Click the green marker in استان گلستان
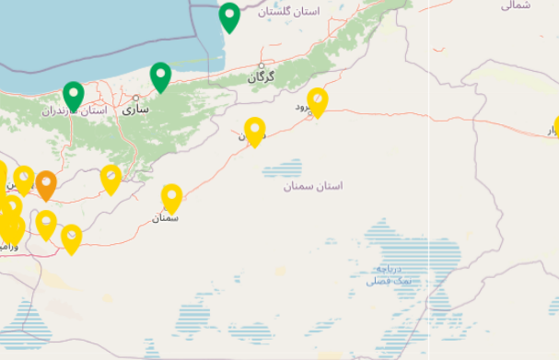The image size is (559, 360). pyautogui.click(x=229, y=17)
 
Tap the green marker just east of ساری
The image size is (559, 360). pyautogui.click(x=161, y=76)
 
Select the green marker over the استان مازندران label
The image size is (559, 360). pyautogui.click(x=74, y=94)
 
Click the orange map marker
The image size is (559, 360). pyautogui.click(x=46, y=184)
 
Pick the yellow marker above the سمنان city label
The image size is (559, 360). pyautogui.click(x=171, y=197)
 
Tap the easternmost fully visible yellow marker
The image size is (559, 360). pyautogui.click(x=318, y=100)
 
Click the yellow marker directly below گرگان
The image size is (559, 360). pyautogui.click(x=255, y=131)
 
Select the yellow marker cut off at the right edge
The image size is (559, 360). pyautogui.click(x=555, y=128)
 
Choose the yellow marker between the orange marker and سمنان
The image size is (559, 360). pyautogui.click(x=111, y=178)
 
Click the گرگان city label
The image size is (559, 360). pyautogui.click(x=262, y=77)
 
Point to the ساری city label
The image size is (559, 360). pyautogui.click(x=135, y=109)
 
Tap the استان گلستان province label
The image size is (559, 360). pyautogui.click(x=289, y=12)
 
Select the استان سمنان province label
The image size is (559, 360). pyautogui.click(x=313, y=186)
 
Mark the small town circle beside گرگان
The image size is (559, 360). pyautogui.click(x=262, y=65)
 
